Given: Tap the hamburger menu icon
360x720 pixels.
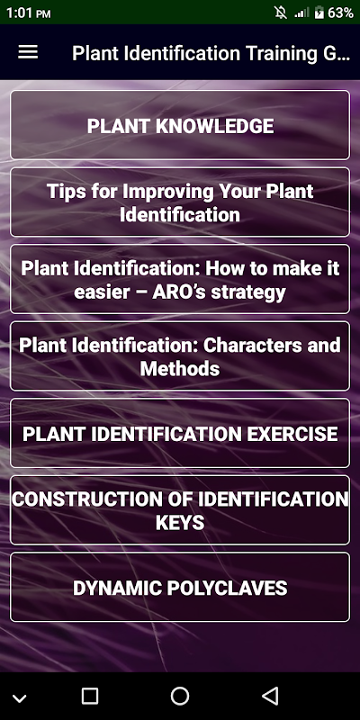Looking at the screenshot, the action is pos(28,52).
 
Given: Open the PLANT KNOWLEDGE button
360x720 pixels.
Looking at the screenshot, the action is pos(180,125).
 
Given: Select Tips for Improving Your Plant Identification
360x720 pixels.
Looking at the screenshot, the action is pos(180,202).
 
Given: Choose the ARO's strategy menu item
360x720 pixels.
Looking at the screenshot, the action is pos(180,279).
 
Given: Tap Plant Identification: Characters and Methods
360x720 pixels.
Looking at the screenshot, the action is pos(180,356).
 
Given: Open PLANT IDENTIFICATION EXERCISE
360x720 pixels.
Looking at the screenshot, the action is pos(180,433).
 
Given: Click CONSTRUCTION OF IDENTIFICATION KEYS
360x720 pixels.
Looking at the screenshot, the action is pos(180,510).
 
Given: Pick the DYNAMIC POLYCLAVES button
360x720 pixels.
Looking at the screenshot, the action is pos(180,588).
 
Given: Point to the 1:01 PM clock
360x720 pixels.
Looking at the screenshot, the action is pos(28,13).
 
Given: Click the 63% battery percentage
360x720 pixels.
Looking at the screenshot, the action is pos(341,13).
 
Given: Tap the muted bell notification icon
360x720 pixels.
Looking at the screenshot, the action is pos(281,13).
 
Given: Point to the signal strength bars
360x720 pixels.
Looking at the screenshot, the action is pos(301,13).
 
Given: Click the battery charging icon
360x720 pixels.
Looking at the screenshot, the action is pos(319,13).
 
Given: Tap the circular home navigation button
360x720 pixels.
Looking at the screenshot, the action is pos(179,696).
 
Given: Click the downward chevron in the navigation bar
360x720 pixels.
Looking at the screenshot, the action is pos(19,698).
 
